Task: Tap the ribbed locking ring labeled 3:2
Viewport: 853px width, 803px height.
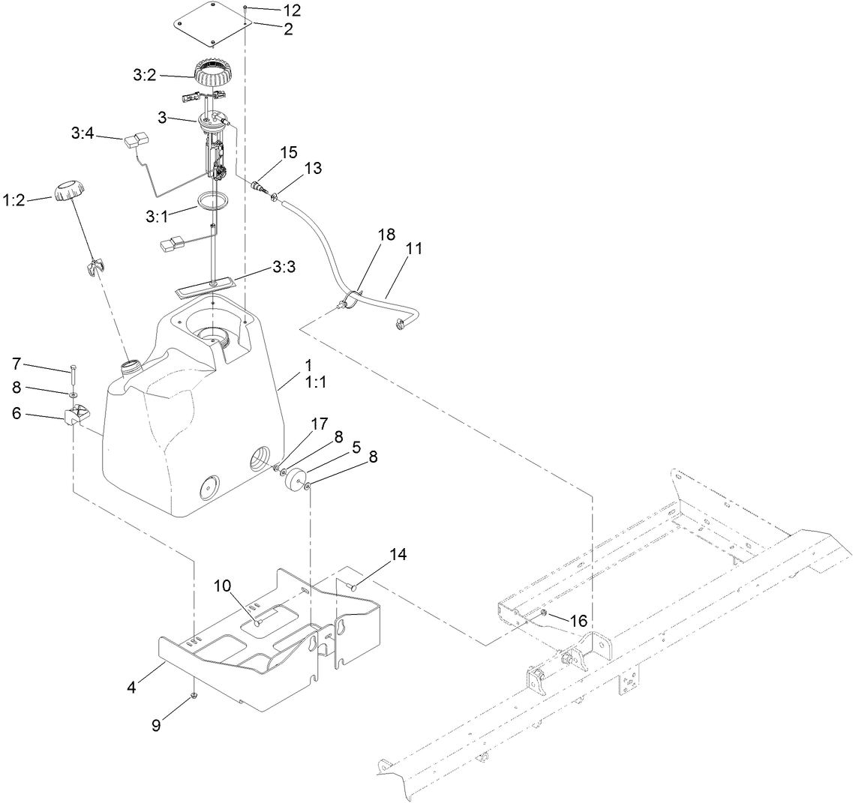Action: (216, 75)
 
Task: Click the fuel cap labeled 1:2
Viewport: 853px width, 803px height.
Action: (68, 190)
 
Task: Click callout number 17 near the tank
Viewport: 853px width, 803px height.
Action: (319, 424)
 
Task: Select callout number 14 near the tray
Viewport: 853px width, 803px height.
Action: (398, 555)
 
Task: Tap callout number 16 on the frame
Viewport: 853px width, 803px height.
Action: (578, 621)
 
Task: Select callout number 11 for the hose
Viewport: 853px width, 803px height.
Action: (413, 250)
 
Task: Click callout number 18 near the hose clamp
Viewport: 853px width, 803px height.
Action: (386, 235)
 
